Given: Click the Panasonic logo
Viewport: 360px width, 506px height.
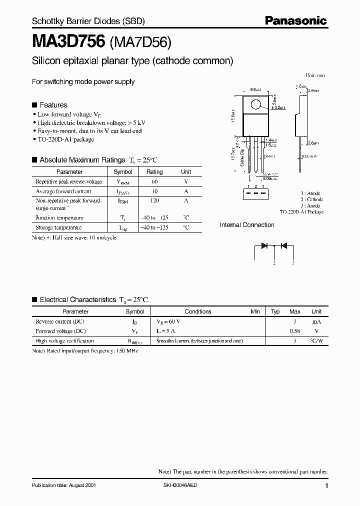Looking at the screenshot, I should (295, 21).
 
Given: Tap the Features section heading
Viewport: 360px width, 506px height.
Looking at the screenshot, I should (53, 105).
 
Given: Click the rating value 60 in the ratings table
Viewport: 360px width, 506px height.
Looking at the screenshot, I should (154, 181).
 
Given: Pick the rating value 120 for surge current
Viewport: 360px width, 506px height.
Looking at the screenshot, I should (154, 200).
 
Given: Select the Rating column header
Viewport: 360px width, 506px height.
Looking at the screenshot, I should (154, 172).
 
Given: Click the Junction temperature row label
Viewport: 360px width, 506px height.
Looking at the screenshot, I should (59, 217).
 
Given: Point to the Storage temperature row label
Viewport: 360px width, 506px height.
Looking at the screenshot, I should (58, 227).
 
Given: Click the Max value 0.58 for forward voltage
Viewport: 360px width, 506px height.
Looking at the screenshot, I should (294, 331).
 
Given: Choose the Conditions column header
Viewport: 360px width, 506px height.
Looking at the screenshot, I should (198, 311).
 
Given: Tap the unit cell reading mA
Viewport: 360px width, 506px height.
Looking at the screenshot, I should (316, 321).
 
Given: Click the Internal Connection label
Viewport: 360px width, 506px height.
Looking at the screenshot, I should (247, 225).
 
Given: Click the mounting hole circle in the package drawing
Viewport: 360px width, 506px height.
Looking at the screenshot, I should (256, 105).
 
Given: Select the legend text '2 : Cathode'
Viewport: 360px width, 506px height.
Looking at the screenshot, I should (312, 199).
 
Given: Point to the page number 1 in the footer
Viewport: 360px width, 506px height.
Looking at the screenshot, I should (326, 486).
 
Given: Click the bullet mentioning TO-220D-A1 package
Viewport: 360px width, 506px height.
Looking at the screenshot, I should (65, 139).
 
